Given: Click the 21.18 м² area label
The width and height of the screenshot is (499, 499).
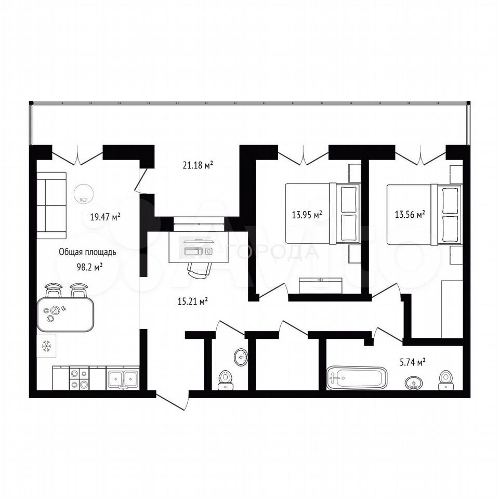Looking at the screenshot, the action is click(198, 165).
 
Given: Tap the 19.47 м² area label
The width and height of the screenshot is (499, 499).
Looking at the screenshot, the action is click(106, 217).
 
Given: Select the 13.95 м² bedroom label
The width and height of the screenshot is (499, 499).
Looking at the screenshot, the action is click(307, 215).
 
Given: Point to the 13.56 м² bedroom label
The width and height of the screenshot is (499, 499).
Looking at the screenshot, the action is click(410, 215).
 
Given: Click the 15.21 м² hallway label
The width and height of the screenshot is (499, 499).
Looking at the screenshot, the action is click(193, 301).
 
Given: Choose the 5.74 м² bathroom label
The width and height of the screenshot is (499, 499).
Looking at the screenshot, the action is click(412, 362).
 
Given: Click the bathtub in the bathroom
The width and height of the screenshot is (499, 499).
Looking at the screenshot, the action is click(357, 378).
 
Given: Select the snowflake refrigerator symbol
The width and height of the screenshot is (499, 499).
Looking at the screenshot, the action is click(47, 346).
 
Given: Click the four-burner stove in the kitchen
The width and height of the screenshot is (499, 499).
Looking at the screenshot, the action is click(79, 378).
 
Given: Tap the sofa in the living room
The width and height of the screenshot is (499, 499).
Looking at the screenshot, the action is click(51, 205).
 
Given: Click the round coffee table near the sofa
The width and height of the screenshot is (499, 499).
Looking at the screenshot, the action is click(83, 194).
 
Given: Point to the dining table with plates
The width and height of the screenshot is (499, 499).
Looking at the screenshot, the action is click(65, 314).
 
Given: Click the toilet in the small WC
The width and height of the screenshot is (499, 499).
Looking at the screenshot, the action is click(226, 380).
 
